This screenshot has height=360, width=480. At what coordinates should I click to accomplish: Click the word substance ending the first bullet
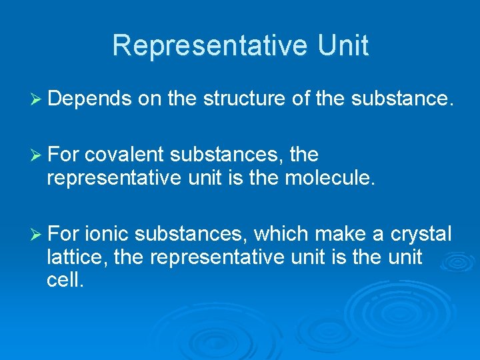point(403,99)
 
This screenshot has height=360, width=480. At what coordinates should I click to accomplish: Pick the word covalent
point(125,155)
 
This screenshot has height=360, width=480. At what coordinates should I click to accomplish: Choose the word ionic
point(109,234)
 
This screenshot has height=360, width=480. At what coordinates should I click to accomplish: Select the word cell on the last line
point(65,279)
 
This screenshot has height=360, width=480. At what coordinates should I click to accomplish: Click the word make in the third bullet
point(339,234)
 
